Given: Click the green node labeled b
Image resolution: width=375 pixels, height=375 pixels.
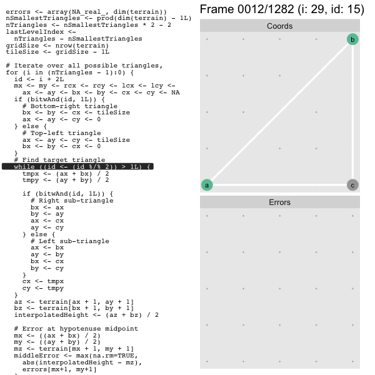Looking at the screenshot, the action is tap(352, 39).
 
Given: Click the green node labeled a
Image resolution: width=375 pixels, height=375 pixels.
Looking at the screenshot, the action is tap(207, 185).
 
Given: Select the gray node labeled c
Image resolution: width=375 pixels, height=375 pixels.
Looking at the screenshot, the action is tap(352, 185).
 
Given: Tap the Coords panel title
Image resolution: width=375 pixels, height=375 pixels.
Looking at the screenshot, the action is tap(279, 26).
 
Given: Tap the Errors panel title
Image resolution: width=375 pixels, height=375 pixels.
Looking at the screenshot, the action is tap(279, 202).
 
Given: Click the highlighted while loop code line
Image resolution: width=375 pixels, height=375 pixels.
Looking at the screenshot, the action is tap(77, 166).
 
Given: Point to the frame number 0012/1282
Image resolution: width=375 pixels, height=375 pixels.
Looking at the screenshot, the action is tap(266, 9).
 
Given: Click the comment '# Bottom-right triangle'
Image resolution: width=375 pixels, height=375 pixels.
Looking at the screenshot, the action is tap(70, 106).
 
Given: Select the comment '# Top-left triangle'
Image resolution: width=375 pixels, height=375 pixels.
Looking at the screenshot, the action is tap(61, 133).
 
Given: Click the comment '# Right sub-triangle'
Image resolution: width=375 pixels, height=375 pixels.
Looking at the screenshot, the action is tap(72, 201).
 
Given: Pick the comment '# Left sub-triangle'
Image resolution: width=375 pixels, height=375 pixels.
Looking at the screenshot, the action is tap(70, 241).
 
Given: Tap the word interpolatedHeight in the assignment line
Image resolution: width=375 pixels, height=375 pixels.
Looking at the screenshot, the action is tap(51, 315).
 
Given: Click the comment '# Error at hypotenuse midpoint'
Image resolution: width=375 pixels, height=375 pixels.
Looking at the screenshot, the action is tap(76, 328).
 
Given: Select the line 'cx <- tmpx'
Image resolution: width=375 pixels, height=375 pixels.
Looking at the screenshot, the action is tap(43, 281).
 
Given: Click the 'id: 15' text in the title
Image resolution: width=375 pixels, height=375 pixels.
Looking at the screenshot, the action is tap(347, 9).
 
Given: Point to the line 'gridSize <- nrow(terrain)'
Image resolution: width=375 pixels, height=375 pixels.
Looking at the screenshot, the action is tap(57, 46).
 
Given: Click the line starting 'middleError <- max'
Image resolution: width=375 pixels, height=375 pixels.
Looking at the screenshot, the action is tap(76, 356).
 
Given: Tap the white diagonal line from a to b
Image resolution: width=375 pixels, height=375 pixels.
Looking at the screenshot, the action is tap(279, 112).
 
